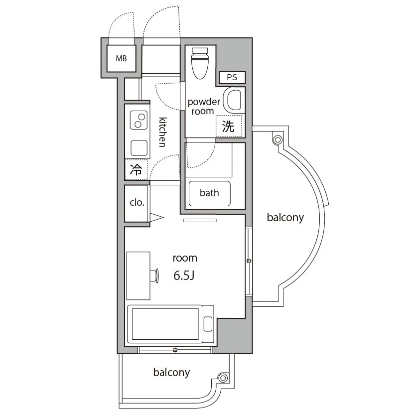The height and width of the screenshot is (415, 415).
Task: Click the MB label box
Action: (121, 58)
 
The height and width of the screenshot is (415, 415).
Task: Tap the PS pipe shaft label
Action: (232, 77)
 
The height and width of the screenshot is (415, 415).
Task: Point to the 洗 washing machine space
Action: (229, 126)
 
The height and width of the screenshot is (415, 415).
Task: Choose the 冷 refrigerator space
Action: (136, 169)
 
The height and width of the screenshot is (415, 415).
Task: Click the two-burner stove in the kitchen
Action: (138, 120)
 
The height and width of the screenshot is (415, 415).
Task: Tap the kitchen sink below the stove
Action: (139, 148)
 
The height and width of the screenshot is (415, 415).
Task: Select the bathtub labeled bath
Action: (209, 193)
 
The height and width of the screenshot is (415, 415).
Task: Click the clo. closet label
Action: (137, 203)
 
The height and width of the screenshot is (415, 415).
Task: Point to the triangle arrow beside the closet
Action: (157, 218)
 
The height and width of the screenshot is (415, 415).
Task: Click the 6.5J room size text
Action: (184, 276)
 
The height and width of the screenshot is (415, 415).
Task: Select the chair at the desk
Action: (154, 276)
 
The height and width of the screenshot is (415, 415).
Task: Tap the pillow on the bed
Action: (208, 324)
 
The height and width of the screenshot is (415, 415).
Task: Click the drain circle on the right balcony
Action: (277, 139)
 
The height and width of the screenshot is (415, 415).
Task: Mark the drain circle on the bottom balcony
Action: (223, 378)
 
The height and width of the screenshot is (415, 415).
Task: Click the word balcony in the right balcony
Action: (285, 218)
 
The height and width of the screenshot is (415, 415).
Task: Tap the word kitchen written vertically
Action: (162, 132)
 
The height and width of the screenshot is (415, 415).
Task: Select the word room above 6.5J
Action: (185, 258)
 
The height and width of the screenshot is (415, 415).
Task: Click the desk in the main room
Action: (138, 276)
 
